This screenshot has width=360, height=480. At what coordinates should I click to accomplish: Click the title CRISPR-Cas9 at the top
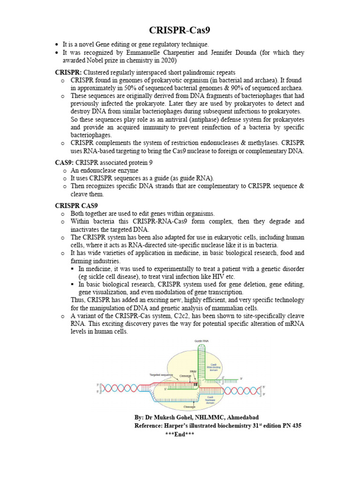180,31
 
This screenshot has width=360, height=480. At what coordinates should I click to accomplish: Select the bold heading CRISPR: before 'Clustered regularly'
68,72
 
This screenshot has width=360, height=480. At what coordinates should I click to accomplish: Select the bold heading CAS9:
64,162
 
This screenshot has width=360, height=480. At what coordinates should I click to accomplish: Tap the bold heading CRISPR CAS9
76,205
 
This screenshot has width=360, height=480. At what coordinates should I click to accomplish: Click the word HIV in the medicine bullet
214,277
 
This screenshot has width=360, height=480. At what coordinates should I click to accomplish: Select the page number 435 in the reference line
295,426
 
